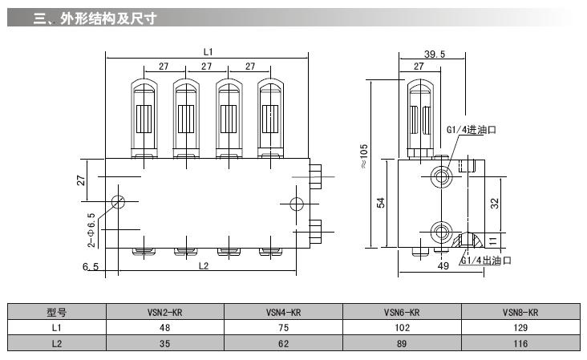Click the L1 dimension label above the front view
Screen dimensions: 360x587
[208, 52]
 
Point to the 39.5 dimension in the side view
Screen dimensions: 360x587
[434, 54]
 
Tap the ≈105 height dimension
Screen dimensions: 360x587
[363, 157]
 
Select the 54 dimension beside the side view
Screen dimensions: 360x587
[382, 204]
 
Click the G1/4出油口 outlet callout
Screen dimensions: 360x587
[486, 261]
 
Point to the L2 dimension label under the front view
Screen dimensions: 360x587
[203, 265]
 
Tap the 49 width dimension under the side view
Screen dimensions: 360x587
[442, 265]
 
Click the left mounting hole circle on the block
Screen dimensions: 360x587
[118, 201]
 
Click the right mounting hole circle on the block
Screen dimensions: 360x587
[296, 201]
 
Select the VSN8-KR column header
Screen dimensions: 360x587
[520, 313]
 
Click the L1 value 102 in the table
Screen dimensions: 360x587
[402, 328]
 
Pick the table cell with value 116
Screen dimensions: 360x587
[520, 343]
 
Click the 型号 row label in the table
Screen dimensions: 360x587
[56, 313]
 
